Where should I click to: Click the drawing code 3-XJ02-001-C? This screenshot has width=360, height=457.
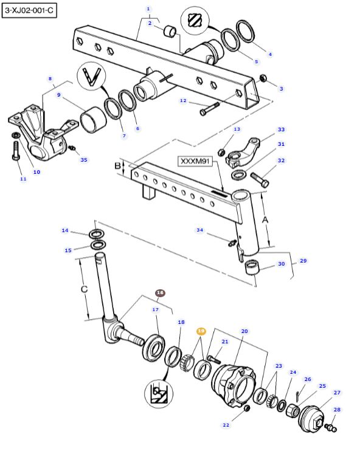[x=29, y=10]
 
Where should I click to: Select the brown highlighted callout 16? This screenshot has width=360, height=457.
[x=160, y=293]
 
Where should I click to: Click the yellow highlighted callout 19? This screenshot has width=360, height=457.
[x=201, y=331]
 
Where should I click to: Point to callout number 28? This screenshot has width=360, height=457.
[x=337, y=410]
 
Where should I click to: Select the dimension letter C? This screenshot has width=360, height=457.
[x=85, y=289]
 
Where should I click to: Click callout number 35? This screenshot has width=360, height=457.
[x=84, y=160]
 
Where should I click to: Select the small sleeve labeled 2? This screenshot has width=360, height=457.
[x=171, y=30]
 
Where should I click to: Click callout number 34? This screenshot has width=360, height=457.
[x=199, y=230]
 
